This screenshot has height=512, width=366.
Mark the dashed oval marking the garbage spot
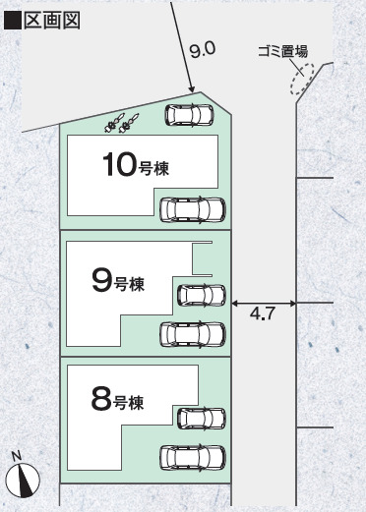pyautogui.click(x=299, y=81)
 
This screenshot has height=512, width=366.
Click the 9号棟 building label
pyautogui.click(x=122, y=283)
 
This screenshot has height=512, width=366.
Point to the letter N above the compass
pyautogui.click(x=17, y=455)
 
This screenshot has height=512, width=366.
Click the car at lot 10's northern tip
pyautogui.click(x=189, y=114)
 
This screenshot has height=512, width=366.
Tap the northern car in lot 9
pyautogui.click(x=201, y=294)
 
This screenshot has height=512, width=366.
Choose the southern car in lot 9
pyautogui.click(x=192, y=334)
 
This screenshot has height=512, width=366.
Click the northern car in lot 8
pyautogui.click(x=201, y=417)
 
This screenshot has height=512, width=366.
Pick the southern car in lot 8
pyautogui.click(x=192, y=457)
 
